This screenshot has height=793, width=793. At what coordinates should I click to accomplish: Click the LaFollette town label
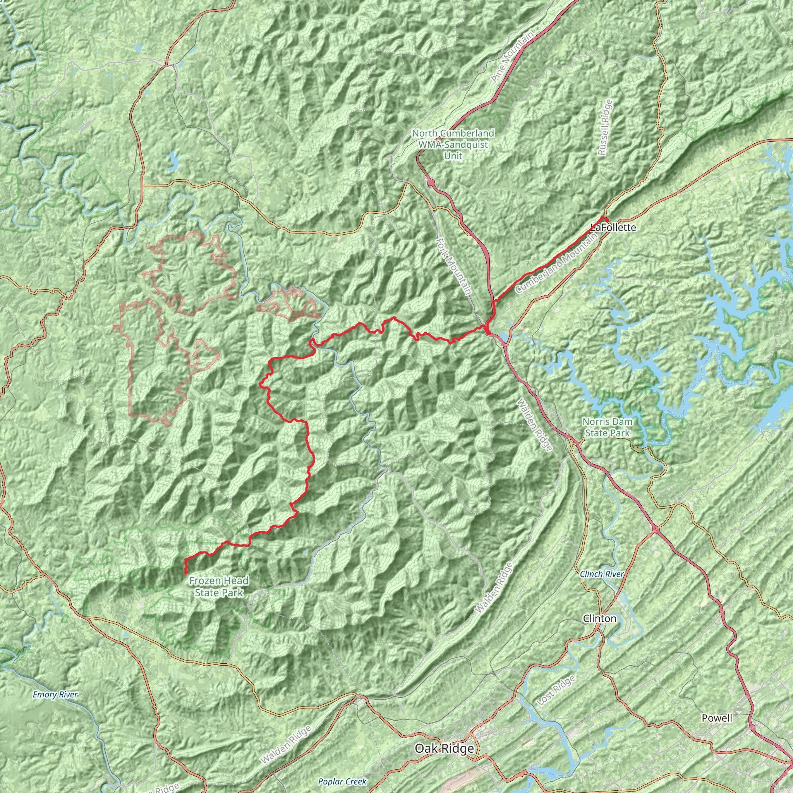pyautogui.click(x=613, y=227)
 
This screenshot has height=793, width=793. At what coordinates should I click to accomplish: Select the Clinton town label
pyautogui.click(x=599, y=618)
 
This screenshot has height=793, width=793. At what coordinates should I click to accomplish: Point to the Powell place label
pyautogui.click(x=717, y=718)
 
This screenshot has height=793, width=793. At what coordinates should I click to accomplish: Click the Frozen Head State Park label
pyautogui.click(x=219, y=587)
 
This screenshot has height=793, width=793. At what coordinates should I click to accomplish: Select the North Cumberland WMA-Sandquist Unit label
pyautogui.click(x=453, y=144)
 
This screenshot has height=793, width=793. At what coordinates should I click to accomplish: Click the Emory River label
pyautogui.click(x=55, y=695)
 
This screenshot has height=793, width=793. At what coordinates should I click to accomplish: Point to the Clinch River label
pyautogui.click(x=601, y=574)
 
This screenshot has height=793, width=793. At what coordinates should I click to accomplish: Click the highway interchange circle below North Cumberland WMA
pyautogui.click(x=431, y=182)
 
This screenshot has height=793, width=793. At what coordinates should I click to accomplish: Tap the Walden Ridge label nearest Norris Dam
pyautogui.click(x=534, y=425)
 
